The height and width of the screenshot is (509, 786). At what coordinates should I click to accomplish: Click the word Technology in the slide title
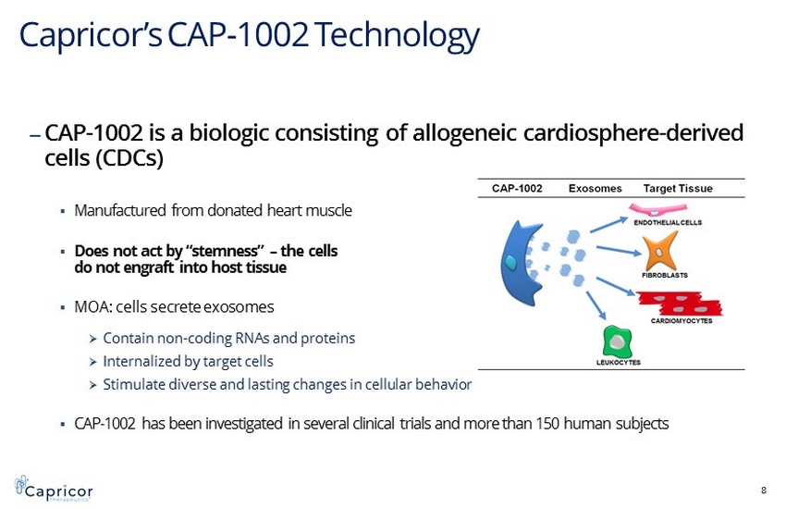click(x=397, y=35)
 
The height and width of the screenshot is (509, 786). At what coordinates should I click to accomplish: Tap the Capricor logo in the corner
click(x=54, y=488)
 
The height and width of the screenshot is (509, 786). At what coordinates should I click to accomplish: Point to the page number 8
click(x=764, y=490)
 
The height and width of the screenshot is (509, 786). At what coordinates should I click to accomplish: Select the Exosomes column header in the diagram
click(x=595, y=189)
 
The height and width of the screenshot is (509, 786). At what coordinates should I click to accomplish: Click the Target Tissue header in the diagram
click(x=678, y=189)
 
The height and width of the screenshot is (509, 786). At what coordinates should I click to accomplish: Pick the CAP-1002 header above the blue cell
click(x=517, y=189)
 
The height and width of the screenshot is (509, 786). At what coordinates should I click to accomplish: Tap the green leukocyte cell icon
click(x=617, y=341)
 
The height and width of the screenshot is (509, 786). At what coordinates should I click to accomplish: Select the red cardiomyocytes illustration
click(x=681, y=303)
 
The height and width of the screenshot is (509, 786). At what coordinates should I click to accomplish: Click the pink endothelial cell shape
click(x=657, y=209)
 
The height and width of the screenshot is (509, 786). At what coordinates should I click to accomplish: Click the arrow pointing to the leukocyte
click(x=596, y=305)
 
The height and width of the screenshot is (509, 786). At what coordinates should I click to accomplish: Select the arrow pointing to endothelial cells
click(x=608, y=225)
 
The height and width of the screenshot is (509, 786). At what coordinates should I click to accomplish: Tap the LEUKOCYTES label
click(x=618, y=363)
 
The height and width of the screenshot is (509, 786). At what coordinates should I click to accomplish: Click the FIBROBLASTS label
click(x=665, y=275)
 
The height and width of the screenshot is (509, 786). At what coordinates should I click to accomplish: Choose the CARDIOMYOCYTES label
click(x=682, y=321)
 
